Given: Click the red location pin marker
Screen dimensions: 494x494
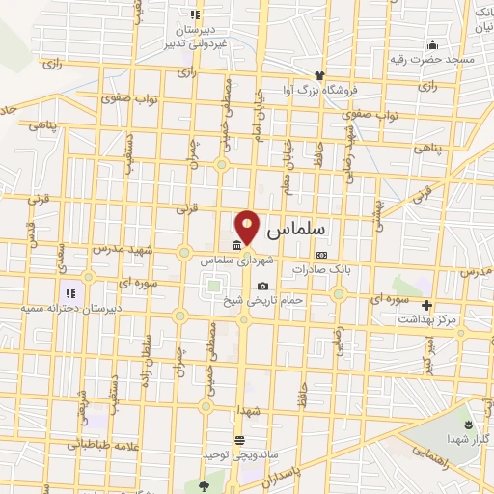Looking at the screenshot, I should point(248,228).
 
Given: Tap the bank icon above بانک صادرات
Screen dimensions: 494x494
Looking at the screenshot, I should point(321,256).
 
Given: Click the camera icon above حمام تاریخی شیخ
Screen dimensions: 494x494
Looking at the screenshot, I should point(262,287).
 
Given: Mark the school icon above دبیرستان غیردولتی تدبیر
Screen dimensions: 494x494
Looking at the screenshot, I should point(195,14).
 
